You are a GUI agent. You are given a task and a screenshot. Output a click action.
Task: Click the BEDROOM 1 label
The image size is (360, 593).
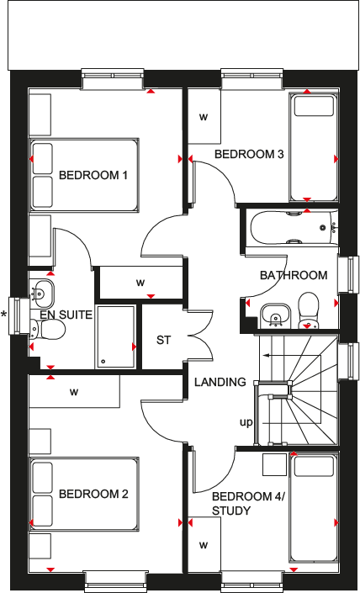(93, 176)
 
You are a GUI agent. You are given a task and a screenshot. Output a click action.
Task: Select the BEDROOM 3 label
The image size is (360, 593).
(249, 155)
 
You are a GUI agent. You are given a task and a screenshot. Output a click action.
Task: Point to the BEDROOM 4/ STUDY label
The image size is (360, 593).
(248, 503)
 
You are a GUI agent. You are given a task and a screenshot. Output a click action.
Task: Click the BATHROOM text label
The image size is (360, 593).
(293, 275)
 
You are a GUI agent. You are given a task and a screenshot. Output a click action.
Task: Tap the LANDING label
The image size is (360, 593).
(220, 382)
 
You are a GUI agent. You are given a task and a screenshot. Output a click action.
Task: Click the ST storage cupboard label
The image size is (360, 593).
(163, 341)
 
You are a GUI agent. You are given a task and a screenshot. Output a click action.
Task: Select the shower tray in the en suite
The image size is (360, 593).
(115, 336)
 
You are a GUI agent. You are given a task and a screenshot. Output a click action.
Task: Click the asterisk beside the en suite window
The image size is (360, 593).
(3, 315)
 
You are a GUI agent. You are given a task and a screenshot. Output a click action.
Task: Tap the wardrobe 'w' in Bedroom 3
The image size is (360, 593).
(203, 117)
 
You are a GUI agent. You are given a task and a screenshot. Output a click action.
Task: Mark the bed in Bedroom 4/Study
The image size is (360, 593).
(312, 507)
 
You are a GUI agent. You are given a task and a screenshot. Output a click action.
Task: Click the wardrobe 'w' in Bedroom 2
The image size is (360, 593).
(74, 391)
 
